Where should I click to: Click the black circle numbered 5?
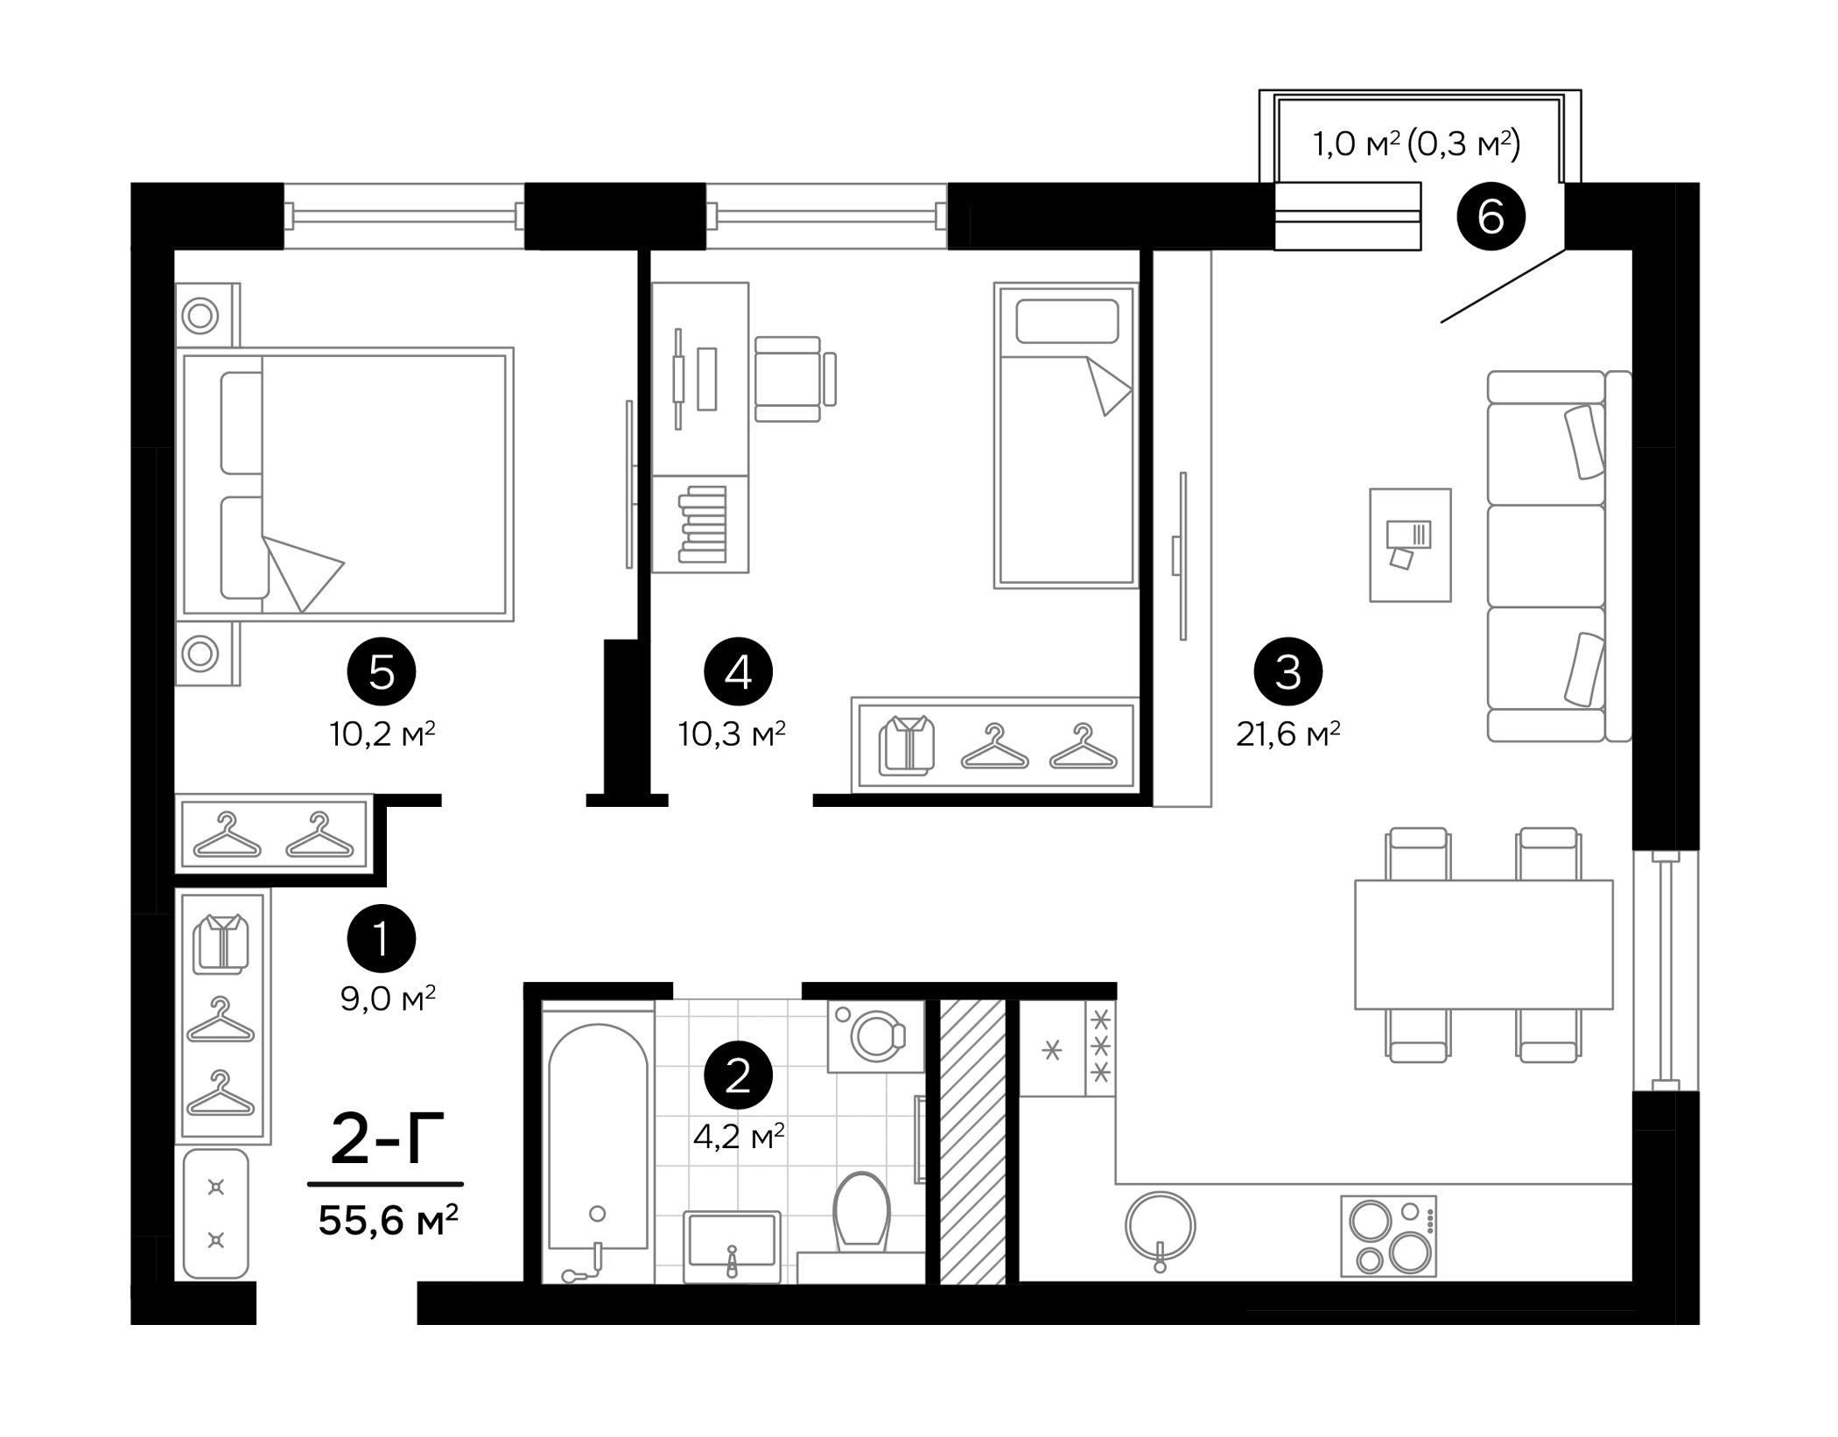point(382,672)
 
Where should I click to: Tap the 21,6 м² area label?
point(1287,733)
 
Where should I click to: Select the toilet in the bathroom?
point(861,1212)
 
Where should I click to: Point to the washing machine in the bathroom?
point(875,1036)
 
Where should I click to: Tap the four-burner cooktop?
point(1388,1236)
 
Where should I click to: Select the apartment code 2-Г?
point(387,1139)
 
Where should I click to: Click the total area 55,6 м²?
point(388,1220)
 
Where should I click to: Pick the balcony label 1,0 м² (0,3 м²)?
point(1416,144)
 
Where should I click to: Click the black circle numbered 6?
point(1491,216)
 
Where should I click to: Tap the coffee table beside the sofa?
point(1410,544)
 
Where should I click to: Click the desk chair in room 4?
point(792,379)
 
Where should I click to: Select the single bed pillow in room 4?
point(1066,321)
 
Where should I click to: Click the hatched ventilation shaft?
point(972,1141)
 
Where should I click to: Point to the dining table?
point(1483,944)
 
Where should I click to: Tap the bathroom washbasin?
point(731,1239)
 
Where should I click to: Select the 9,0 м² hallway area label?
point(388,998)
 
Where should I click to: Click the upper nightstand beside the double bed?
point(207,315)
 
